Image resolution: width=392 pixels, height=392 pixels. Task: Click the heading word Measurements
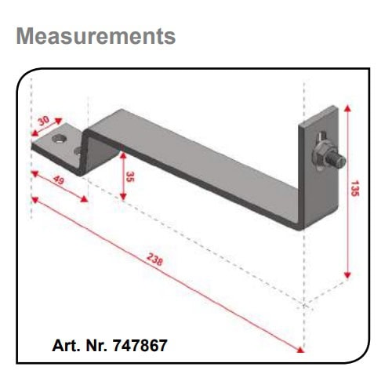click(96, 36)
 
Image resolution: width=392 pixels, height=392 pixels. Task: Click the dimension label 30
click(44, 121)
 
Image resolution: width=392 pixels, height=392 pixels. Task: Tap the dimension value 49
click(59, 180)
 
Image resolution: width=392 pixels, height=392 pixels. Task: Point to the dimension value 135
click(355, 188)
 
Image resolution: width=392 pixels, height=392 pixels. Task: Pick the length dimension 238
click(154, 260)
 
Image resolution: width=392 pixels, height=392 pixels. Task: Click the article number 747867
click(140, 346)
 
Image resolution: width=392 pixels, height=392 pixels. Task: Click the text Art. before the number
click(66, 346)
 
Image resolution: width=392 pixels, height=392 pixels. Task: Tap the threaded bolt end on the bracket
click(339, 161)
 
